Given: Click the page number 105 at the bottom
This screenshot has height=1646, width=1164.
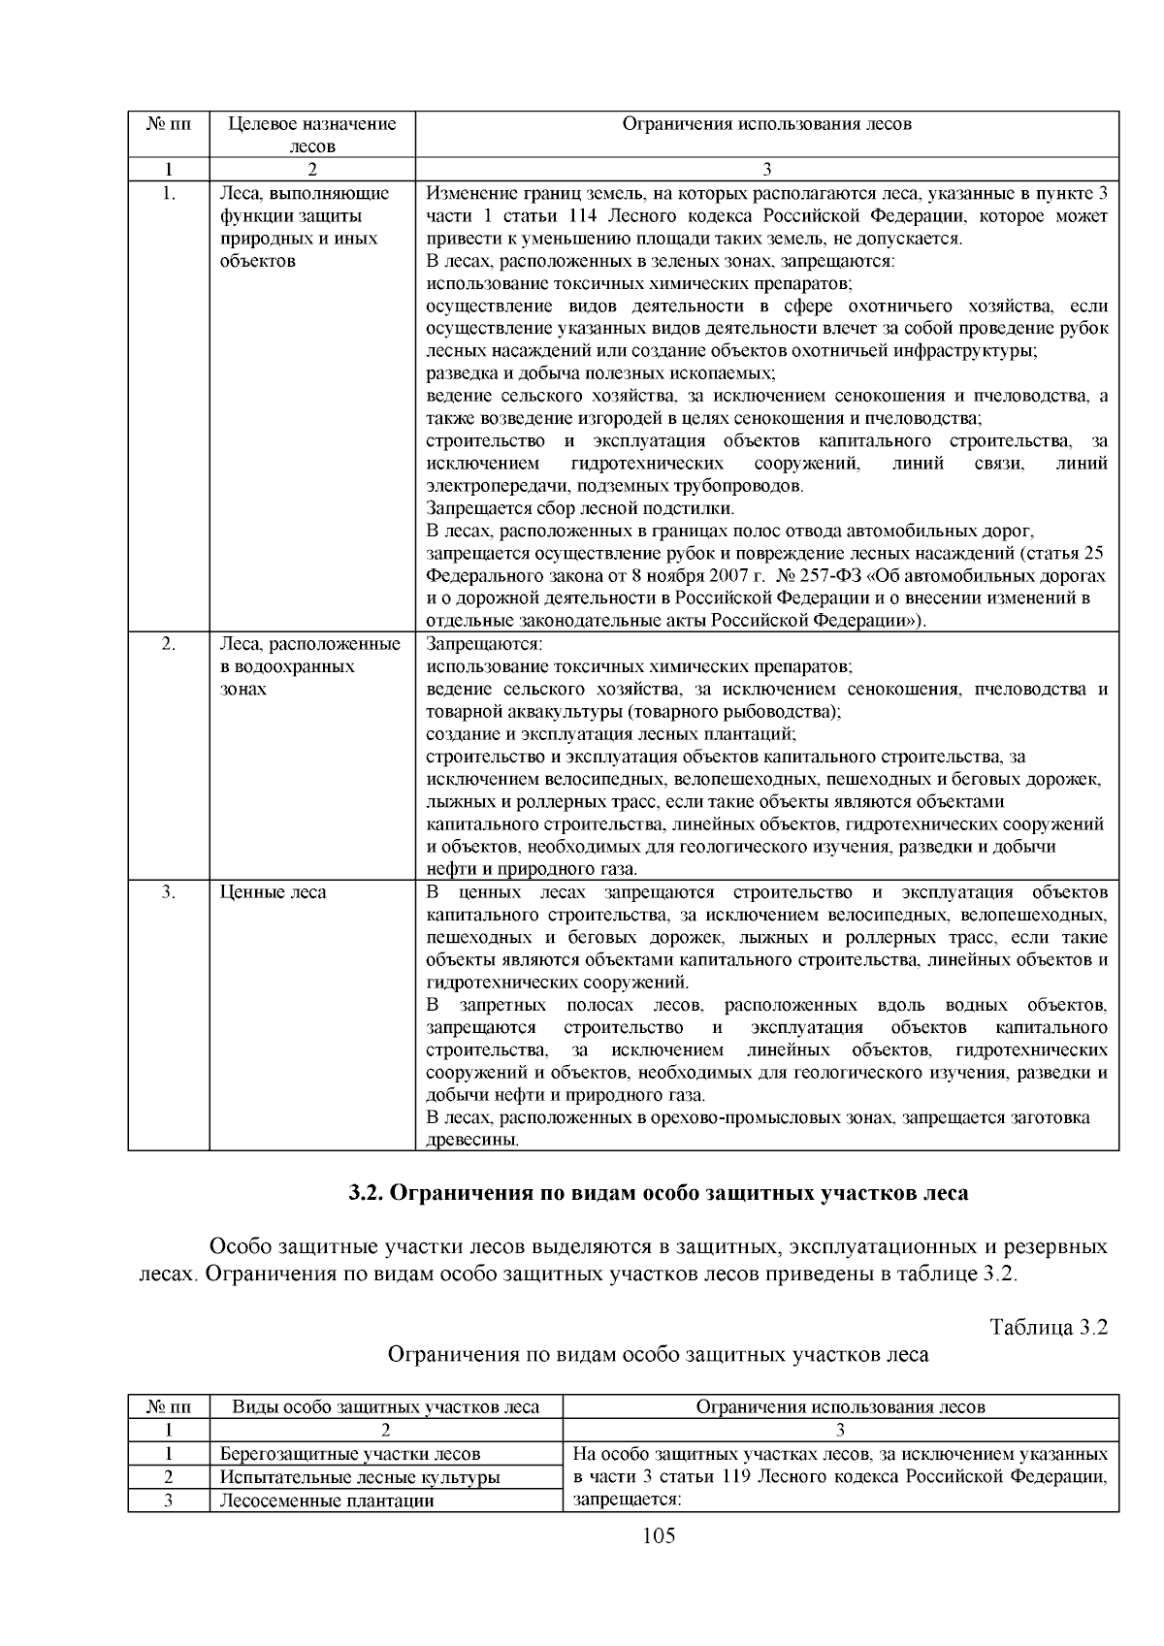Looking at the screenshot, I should [658, 1535].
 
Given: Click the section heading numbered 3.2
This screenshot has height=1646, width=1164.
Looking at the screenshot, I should [658, 1193].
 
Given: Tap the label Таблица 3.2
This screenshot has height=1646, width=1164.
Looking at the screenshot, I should [1048, 1327].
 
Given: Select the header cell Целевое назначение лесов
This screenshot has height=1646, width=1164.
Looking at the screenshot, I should [312, 135].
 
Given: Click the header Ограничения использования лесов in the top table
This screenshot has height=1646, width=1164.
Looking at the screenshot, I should [766, 124].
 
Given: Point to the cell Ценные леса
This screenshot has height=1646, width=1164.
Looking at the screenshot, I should [274, 892].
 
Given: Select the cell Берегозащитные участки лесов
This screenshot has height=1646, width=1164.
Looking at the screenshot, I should [349, 1454].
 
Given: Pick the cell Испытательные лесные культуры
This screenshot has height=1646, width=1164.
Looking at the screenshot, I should [360, 1477].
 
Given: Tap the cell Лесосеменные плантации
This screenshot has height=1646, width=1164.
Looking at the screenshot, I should [326, 1501].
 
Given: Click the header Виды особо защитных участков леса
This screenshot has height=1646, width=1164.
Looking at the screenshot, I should [385, 1406].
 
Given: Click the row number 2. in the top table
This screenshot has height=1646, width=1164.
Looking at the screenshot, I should [168, 644].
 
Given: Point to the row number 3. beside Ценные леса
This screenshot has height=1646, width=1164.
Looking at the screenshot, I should [168, 892].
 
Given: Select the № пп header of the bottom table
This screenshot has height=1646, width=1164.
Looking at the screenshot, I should [168, 1406].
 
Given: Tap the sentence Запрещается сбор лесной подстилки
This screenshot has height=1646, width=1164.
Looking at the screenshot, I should [580, 508].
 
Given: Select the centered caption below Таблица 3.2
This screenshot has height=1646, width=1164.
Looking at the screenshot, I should [658, 1355].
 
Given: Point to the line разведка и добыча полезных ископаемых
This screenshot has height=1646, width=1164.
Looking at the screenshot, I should [601, 373].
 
